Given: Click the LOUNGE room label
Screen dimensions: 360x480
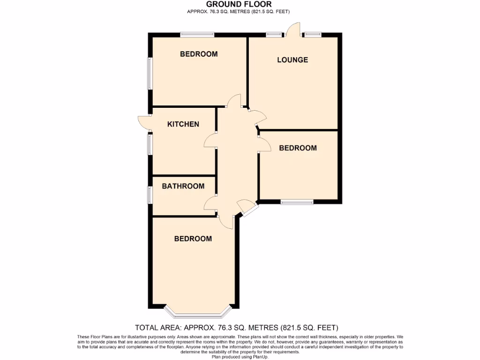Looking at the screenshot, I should coord(292,60).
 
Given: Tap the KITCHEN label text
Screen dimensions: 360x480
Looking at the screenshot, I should coord(183,124).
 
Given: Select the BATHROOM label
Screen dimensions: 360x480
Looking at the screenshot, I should coord(183,186).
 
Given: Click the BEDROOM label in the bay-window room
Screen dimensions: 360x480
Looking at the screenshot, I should coord(193,239).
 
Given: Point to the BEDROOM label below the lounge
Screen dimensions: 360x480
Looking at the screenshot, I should coord(298,148).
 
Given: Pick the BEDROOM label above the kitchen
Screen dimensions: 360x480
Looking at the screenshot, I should coord(199,54).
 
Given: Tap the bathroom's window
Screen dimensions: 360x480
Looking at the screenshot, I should coord(150,195).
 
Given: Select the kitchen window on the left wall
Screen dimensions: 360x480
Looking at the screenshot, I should coord(150,144).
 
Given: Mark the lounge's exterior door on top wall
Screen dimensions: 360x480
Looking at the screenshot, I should coord(294,29).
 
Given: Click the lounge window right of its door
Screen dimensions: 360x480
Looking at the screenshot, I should coord(312,34).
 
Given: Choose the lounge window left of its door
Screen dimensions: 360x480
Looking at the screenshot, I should coord(275,34).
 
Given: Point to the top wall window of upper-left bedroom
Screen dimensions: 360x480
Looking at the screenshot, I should coord(197,34).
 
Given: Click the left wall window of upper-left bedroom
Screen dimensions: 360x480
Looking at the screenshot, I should coord(150,73).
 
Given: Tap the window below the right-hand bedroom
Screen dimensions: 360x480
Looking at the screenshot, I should coord(297,202).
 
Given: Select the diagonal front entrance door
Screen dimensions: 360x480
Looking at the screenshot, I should coord(247,208).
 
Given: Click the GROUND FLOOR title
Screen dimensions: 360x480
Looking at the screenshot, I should coord(239,4).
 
